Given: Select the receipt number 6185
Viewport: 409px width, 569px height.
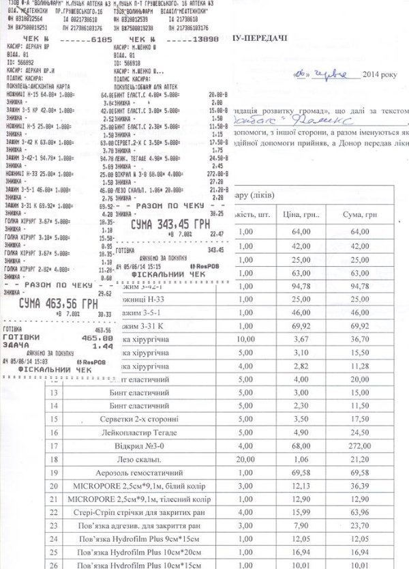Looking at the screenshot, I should tap(100, 40).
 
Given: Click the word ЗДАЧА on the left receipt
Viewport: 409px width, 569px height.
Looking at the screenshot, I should tap(17, 345).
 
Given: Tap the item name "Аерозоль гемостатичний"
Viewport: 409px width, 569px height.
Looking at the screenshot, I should tap(147, 471).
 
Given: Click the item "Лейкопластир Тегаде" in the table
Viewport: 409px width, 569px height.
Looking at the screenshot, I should tap(147, 428).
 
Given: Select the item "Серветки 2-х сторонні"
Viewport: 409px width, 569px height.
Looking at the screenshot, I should tap(147, 414).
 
